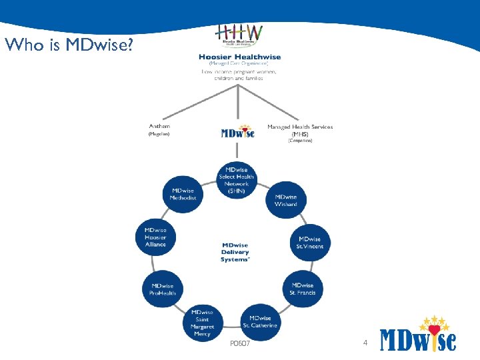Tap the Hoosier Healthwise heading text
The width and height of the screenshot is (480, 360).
[x=239, y=57]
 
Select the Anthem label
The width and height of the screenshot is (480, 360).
[x=159, y=126]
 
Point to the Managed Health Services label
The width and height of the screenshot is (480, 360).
[x=300, y=127]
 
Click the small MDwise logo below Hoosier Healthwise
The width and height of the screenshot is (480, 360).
[x=237, y=132]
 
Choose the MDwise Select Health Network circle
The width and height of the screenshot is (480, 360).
[x=237, y=180]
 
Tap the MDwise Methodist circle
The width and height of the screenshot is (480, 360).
[x=183, y=194]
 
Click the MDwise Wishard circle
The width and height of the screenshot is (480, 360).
[x=286, y=201]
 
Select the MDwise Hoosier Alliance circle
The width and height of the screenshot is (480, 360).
[x=155, y=237]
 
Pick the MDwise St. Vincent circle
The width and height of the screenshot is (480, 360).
[x=310, y=243]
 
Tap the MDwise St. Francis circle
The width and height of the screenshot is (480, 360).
[x=303, y=289]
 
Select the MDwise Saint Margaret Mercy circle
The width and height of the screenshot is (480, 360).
[x=203, y=323]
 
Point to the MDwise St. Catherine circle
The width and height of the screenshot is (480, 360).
[x=260, y=322]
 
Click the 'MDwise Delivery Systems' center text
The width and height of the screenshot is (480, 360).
[x=235, y=252]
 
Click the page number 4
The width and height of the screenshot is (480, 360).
[x=365, y=343]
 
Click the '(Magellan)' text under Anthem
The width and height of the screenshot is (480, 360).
[x=159, y=134]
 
